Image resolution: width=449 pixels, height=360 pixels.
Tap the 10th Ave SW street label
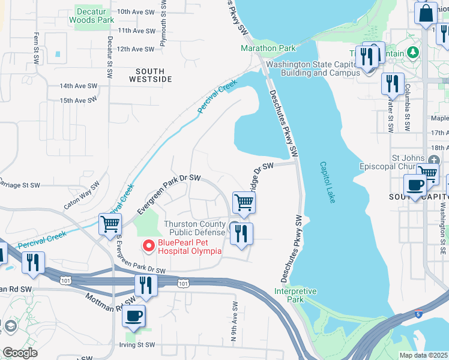click(137, 11)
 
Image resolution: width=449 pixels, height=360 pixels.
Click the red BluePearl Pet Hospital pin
click(148, 245)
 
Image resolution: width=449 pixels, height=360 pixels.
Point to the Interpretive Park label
click(295, 295)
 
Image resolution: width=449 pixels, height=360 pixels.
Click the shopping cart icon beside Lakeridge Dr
click(244, 203)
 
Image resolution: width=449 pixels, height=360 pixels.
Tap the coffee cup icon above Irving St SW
click(134, 315)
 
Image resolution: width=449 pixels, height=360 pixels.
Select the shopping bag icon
click(426, 13)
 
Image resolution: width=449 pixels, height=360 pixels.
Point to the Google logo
click(20, 353)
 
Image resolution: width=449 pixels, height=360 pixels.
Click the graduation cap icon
click(9, 326)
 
